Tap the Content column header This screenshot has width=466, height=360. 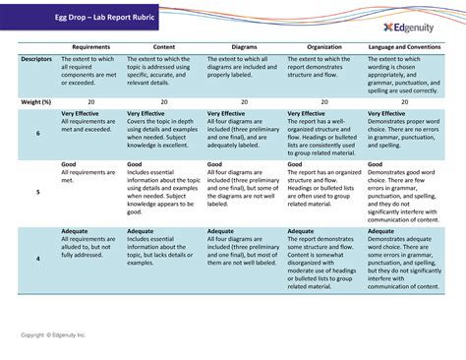click(164, 47)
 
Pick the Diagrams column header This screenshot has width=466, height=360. click(244, 47)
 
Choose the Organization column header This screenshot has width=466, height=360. click(323, 47)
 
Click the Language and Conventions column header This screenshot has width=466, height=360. click(405, 47)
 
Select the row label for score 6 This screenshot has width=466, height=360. click(37, 133)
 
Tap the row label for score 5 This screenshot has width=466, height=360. click(37, 192)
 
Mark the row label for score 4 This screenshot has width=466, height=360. click(37, 258)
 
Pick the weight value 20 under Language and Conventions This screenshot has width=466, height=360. click(405, 101)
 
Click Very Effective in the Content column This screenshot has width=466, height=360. click(146, 114)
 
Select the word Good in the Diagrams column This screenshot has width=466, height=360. click(215, 164)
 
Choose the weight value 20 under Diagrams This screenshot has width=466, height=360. click(244, 101)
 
